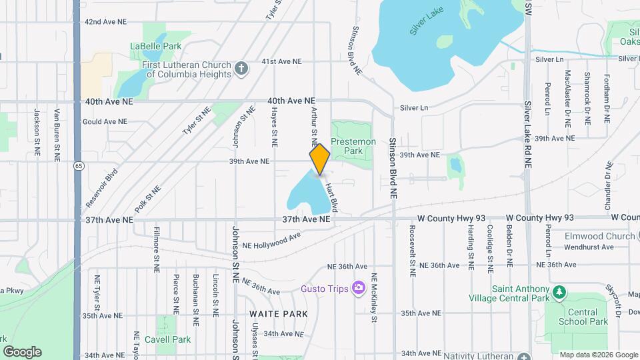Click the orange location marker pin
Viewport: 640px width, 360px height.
tap(319, 159)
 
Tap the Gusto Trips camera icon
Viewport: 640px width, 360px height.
tap(359, 287)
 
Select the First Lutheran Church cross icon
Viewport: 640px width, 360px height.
tap(241, 67)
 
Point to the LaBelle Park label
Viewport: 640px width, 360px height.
tap(156, 46)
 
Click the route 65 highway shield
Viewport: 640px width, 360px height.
tap(79, 165)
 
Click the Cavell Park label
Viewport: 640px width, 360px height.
tap(173, 339)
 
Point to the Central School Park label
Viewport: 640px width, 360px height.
tap(587, 317)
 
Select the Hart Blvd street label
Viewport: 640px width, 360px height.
tap(332, 199)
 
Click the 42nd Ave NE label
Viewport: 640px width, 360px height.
tap(105, 22)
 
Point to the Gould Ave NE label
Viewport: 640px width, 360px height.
tap(105, 122)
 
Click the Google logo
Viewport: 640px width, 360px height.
tap(22, 352)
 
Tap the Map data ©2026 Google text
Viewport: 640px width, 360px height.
tap(598, 355)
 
